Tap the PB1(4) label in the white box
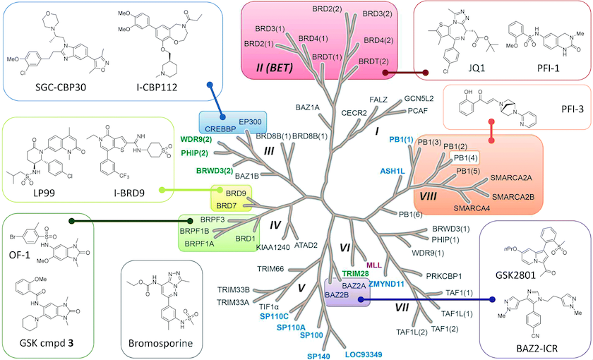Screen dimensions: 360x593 pyautogui.click(x=463, y=157)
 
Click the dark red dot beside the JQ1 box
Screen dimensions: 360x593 pyautogui.click(x=426, y=72)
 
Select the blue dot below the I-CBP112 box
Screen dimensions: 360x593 pyautogui.click(x=210, y=87)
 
